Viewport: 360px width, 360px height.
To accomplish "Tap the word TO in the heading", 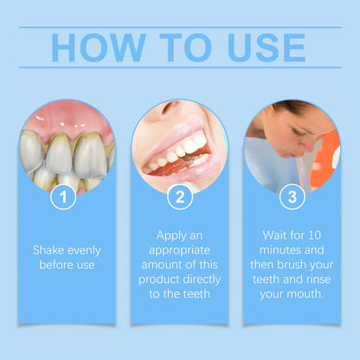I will [x=180, y=48].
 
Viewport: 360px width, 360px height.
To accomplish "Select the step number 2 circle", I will [x=180, y=198].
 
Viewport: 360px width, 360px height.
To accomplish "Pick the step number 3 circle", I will [x=292, y=198].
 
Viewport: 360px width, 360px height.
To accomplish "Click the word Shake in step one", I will [x=48, y=250].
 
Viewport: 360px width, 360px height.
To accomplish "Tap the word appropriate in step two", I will [x=179, y=250].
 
